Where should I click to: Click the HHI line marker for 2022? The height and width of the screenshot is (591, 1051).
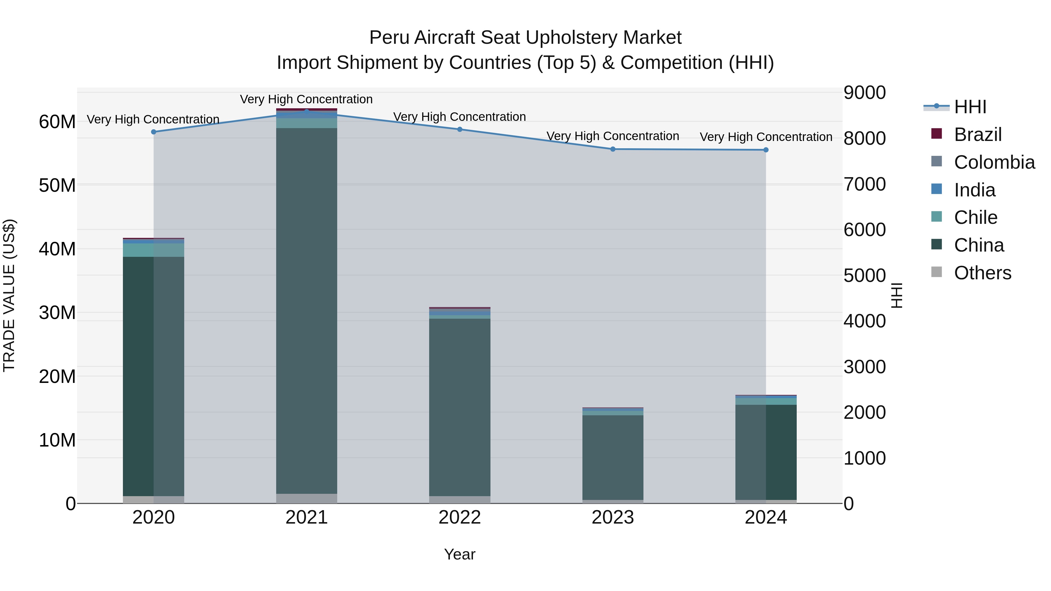pyautogui.click(x=460, y=129)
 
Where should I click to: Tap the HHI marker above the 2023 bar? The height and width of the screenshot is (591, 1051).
pyautogui.click(x=613, y=149)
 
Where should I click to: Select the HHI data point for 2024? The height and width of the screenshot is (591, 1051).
pyautogui.click(x=766, y=150)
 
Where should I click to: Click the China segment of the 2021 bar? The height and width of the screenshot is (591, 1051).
pyautogui.click(x=307, y=310)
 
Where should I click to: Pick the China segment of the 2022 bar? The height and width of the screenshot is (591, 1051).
pyautogui.click(x=460, y=408)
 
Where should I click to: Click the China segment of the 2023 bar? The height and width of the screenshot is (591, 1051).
pyautogui.click(x=613, y=457)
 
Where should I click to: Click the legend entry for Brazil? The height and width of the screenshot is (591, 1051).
pyautogui.click(x=977, y=135)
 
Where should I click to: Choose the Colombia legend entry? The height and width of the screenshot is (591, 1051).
pyautogui.click(x=994, y=162)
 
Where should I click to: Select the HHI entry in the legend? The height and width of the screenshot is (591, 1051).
pyautogui.click(x=970, y=107)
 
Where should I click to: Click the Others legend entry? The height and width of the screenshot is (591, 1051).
pyautogui.click(x=982, y=273)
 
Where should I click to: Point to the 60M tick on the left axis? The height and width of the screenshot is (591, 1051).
pyautogui.click(x=57, y=122)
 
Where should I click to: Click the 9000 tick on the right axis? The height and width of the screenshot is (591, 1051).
pyautogui.click(x=864, y=93)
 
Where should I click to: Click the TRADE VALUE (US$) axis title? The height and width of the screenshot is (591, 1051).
pyautogui.click(x=9, y=295)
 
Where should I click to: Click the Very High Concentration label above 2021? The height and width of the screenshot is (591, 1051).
pyautogui.click(x=307, y=99)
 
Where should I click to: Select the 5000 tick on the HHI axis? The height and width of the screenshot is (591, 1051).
pyautogui.click(x=864, y=276)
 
